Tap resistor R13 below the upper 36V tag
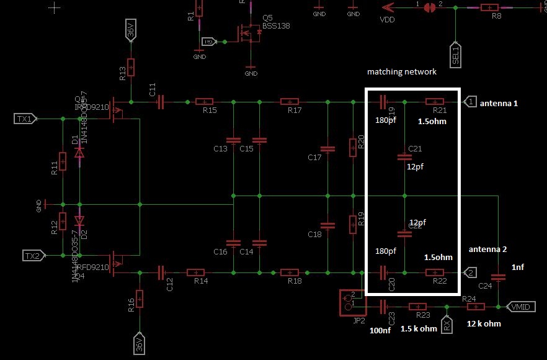coord(131,68)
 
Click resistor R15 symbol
coord(205,102)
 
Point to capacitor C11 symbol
coord(161,102)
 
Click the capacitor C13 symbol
coord(233,140)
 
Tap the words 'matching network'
coord(401,72)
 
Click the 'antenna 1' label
coord(497,103)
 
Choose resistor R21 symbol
coord(435,102)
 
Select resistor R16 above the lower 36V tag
coord(140,300)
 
